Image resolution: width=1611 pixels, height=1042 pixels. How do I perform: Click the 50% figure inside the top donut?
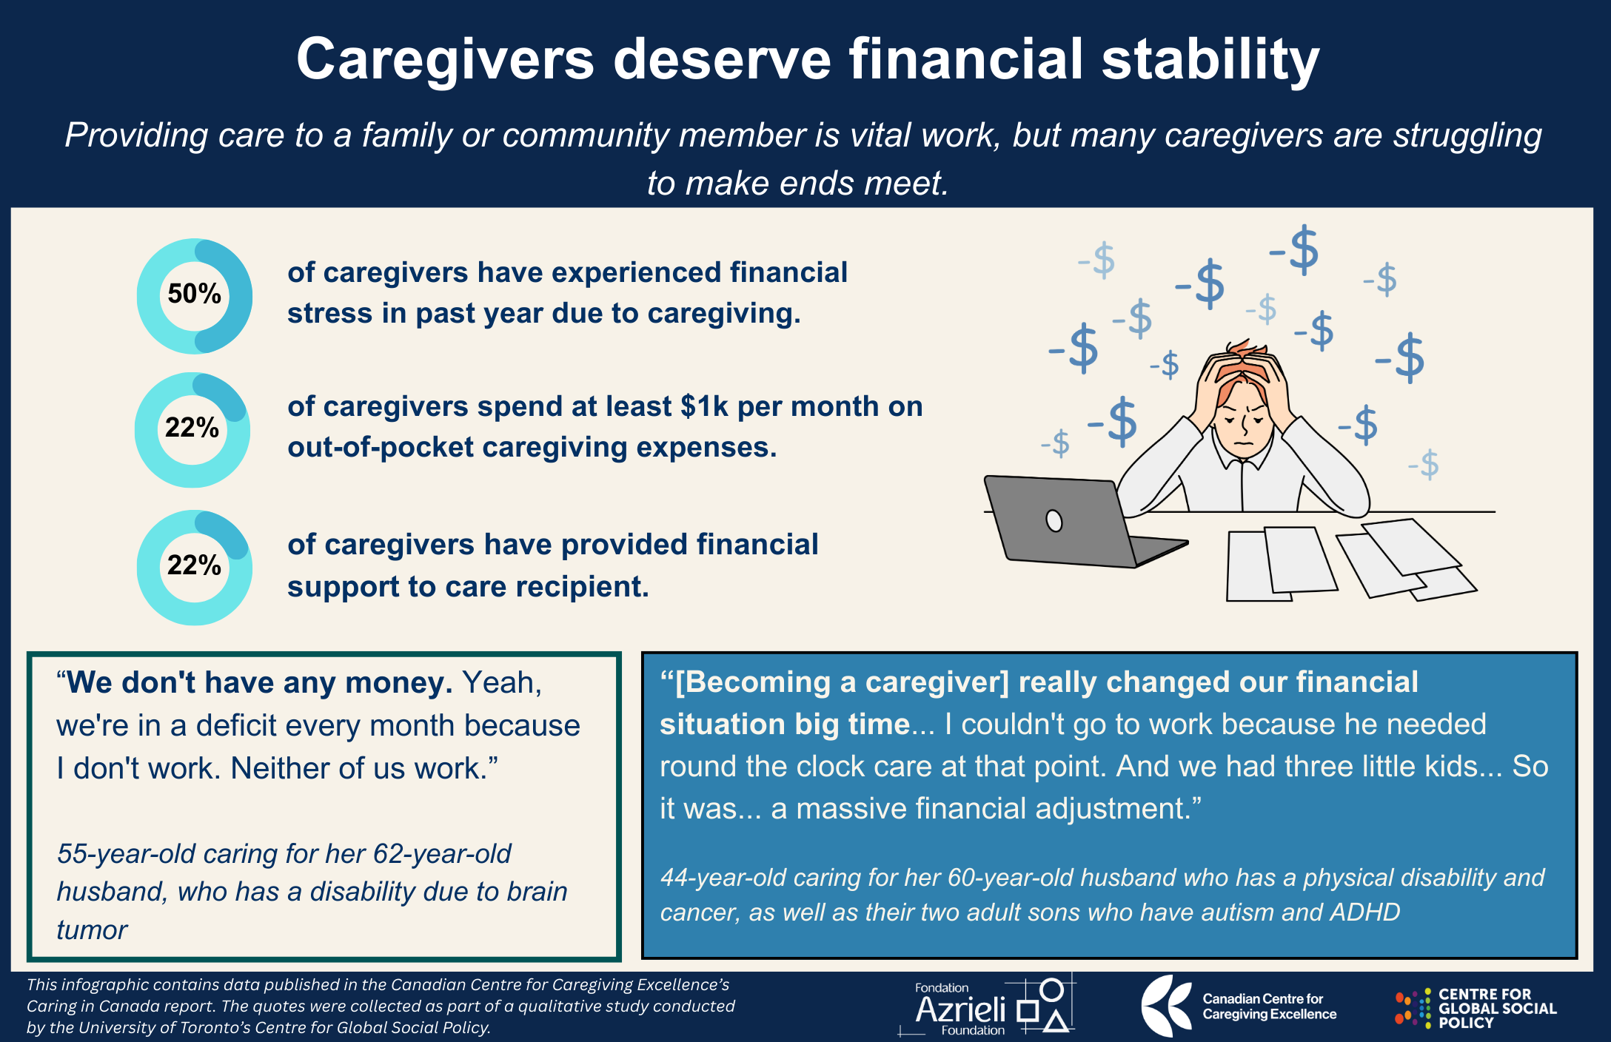tap(194, 294)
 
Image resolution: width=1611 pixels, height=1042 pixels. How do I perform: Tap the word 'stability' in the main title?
tap(1210, 59)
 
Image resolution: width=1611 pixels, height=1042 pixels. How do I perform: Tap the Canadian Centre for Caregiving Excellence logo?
tap(1239, 1006)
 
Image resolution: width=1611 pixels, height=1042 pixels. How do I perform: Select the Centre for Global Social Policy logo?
tap(1476, 1008)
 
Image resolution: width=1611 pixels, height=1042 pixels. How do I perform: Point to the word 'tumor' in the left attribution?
tap(92, 930)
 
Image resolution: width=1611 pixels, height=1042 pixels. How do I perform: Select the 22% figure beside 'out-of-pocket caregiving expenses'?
tap(192, 428)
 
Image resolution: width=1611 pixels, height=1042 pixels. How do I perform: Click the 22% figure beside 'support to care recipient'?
tap(194, 565)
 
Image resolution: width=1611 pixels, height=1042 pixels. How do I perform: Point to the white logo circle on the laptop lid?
tap(1054, 521)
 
